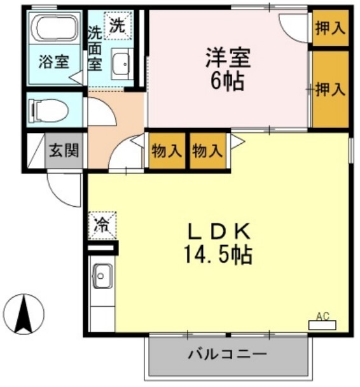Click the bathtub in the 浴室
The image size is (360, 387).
pos(53,29)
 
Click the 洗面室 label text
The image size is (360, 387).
pos(94,48)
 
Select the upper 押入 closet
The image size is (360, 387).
pos(329,29)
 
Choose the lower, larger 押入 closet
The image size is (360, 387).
pos(329,89)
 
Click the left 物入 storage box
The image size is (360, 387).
pos(167,151)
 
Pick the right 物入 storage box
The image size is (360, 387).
pos(208,151)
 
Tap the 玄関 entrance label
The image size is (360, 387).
pos(64,151)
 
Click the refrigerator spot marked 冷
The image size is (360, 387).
pos(102,224)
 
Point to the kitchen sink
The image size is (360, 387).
pos(102,276)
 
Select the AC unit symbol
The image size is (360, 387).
pos(322,324)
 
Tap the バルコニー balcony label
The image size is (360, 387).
pos(226,355)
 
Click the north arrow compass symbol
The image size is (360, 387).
pos(24,313)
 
